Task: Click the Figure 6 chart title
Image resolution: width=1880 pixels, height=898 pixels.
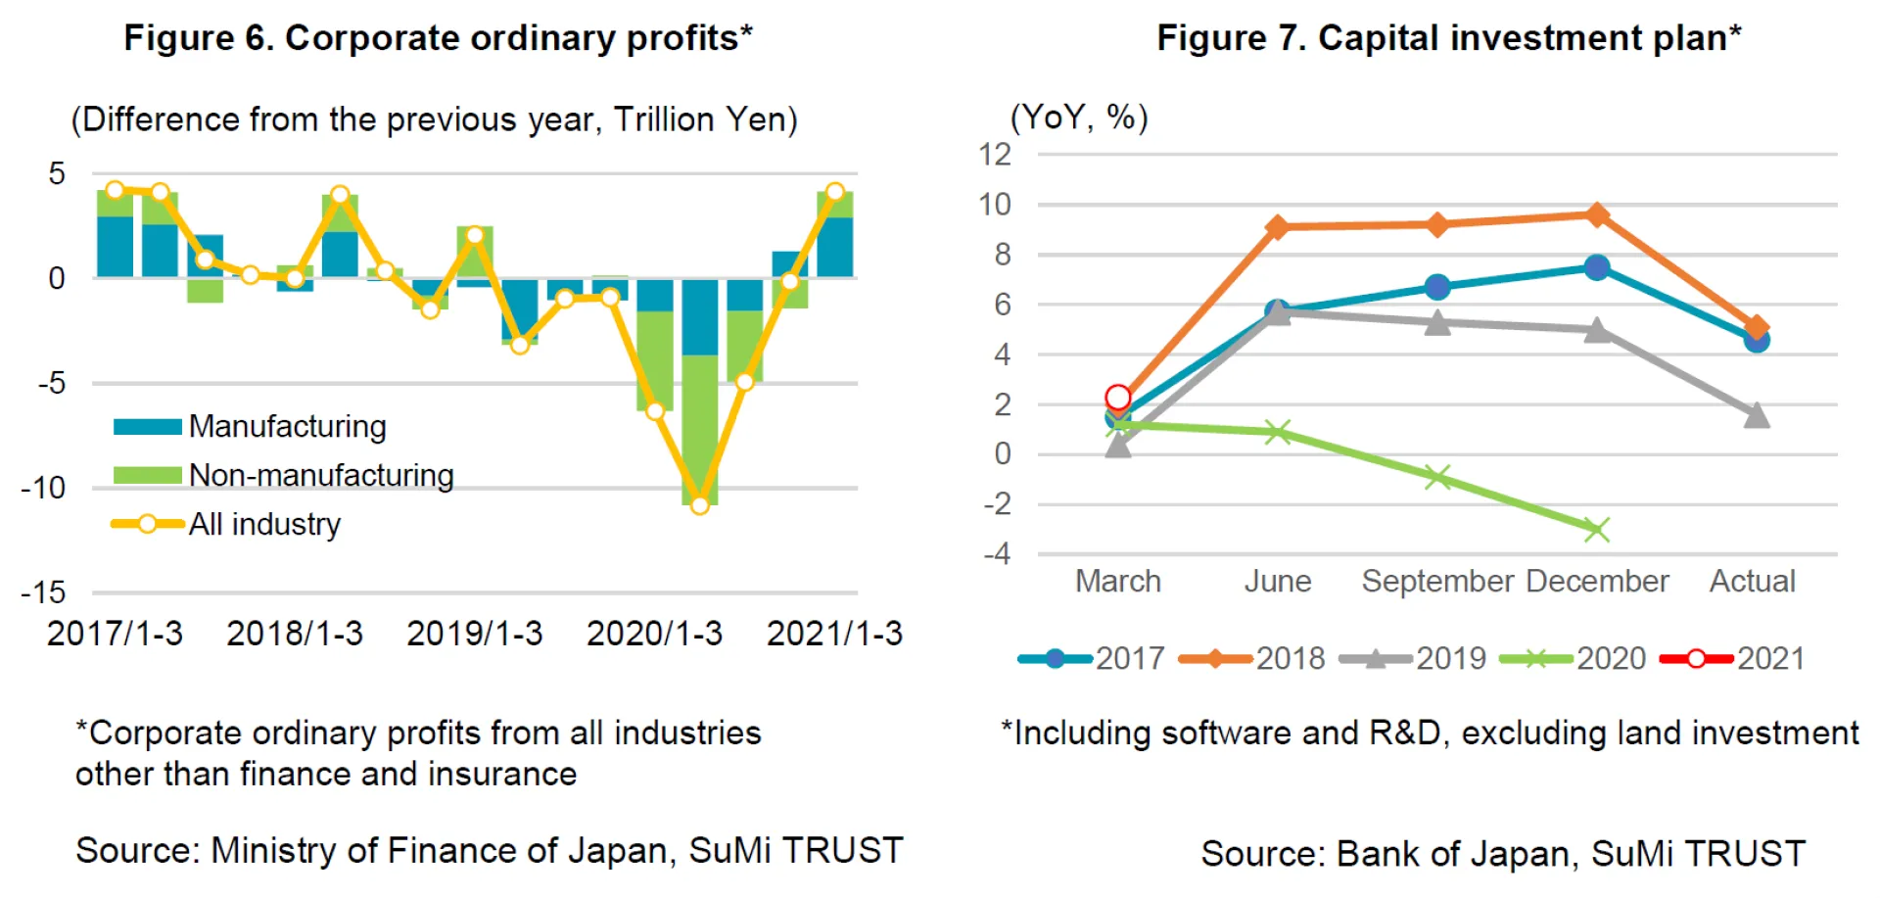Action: click(438, 38)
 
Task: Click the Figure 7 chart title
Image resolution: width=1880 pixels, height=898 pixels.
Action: click(1448, 38)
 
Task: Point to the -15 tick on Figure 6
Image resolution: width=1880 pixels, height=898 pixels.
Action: click(43, 592)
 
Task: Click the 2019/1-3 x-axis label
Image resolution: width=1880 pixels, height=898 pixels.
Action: click(474, 634)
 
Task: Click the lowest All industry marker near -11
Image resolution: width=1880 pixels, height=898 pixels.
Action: click(699, 505)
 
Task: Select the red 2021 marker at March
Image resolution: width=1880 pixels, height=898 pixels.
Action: click(1117, 398)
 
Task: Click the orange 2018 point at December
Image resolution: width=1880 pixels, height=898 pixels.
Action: click(1597, 215)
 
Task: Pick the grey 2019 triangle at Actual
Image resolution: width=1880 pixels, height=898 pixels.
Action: click(1757, 416)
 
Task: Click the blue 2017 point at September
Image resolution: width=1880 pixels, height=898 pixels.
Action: click(1437, 287)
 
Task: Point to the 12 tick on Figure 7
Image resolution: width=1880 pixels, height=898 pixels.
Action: click(995, 155)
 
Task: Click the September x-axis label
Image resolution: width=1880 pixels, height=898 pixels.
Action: click(1437, 582)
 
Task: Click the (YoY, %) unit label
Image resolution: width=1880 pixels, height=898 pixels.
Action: click(1078, 118)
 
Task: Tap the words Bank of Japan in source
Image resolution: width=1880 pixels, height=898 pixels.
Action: click(1453, 854)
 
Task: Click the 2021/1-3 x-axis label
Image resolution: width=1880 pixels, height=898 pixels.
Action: click(834, 634)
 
